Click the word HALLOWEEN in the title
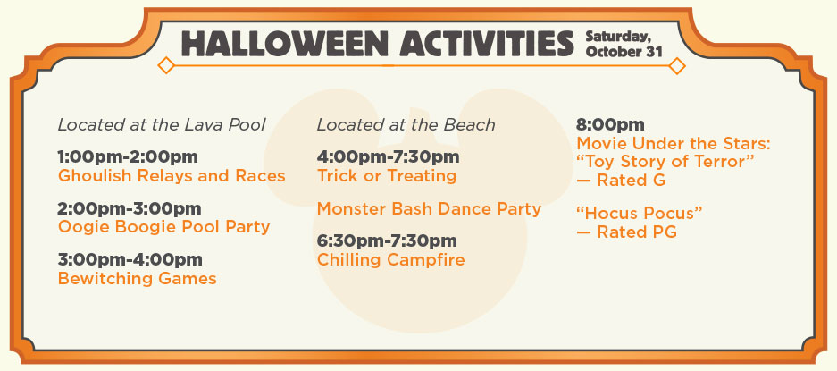click(x=285, y=44)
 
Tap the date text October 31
click(x=624, y=52)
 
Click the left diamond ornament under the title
click(x=166, y=65)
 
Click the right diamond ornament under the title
click(x=677, y=66)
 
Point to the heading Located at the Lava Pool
click(x=162, y=124)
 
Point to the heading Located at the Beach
click(x=406, y=124)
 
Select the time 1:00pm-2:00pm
click(x=128, y=157)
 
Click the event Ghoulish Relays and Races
click(x=172, y=176)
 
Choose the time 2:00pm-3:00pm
click(x=130, y=208)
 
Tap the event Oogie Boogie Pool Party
click(x=163, y=227)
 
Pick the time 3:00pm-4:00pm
click(x=130, y=260)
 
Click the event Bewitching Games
click(x=138, y=279)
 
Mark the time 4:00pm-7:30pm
click(x=388, y=157)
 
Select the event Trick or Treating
click(x=387, y=176)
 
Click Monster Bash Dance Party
click(x=429, y=208)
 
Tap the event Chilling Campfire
click(x=390, y=260)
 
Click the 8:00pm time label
click(x=610, y=125)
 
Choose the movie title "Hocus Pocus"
click(x=640, y=214)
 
